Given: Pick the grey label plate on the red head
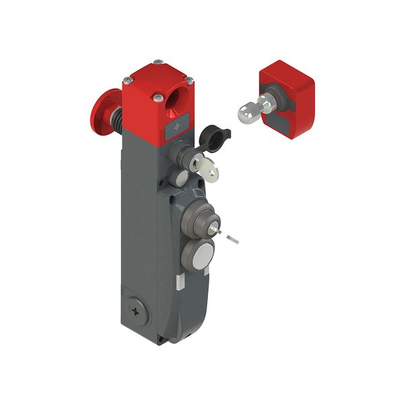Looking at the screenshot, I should (x=177, y=127).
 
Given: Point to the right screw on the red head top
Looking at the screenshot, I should (x=190, y=80).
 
